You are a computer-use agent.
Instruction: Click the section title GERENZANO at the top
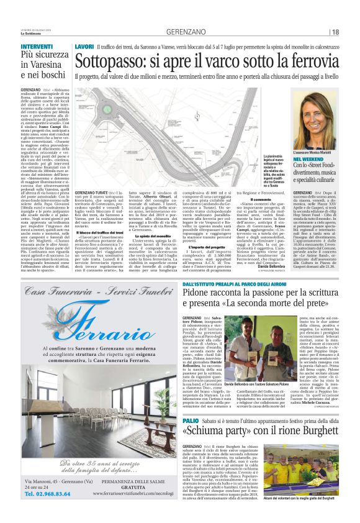pyautogui.click(x=179, y=32)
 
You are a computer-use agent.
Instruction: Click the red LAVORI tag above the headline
pyautogui.click(x=84, y=47)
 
